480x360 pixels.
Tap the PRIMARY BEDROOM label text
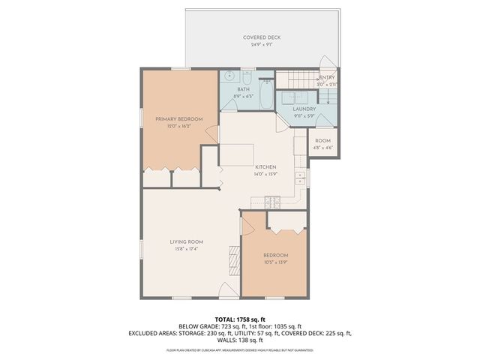pos(179,119)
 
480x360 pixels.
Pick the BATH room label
pos(244,90)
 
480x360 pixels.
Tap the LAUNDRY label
pos(304,109)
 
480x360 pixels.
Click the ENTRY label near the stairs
pos(327,78)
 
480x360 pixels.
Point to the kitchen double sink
pos(300,178)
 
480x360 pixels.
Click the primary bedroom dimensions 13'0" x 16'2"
pos(179,127)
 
